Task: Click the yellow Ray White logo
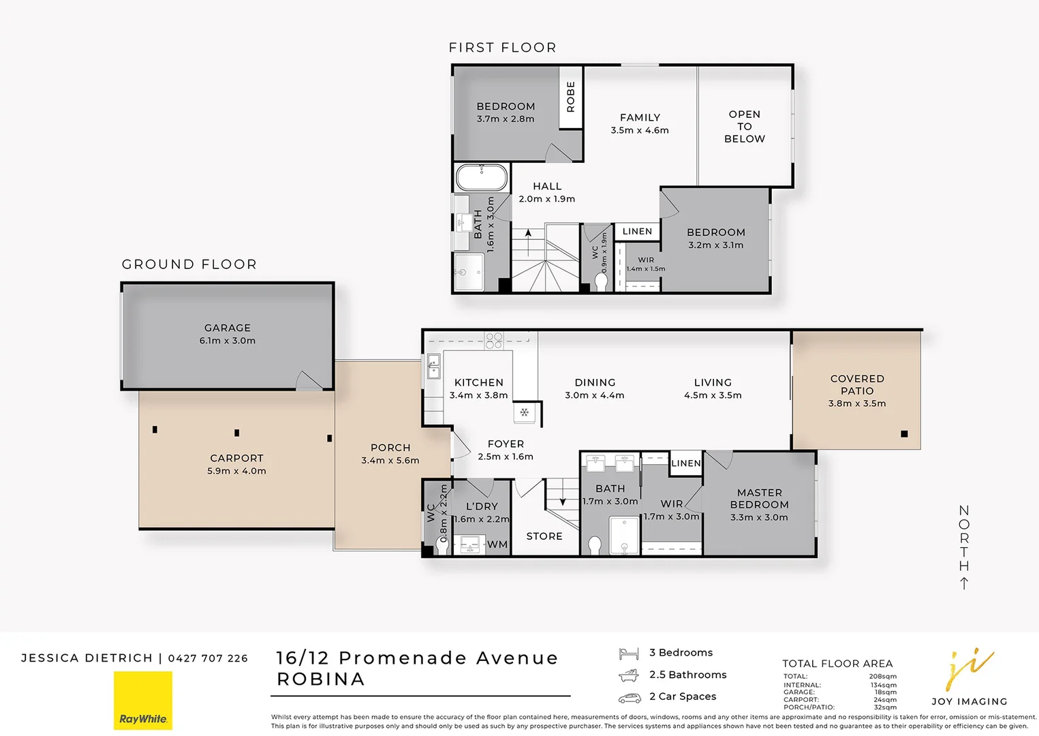(x=143, y=701)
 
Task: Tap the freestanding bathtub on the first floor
(x=482, y=177)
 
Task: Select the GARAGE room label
(x=228, y=328)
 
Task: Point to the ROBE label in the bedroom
(x=570, y=97)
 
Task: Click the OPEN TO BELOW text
(x=745, y=126)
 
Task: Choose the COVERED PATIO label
(x=857, y=385)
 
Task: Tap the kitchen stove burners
(x=493, y=340)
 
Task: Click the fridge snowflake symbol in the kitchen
(x=524, y=412)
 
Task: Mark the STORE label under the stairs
(x=544, y=536)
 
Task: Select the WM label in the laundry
(x=497, y=545)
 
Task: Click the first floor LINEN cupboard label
(x=637, y=231)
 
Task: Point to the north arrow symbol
(x=964, y=583)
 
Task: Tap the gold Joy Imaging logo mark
(x=969, y=669)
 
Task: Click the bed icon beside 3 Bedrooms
(x=629, y=654)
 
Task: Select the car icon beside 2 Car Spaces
(x=630, y=698)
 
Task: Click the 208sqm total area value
(x=883, y=676)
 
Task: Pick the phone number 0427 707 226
(x=208, y=658)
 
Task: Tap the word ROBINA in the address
(x=321, y=679)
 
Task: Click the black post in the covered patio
(x=904, y=434)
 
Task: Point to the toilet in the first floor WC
(x=601, y=282)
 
